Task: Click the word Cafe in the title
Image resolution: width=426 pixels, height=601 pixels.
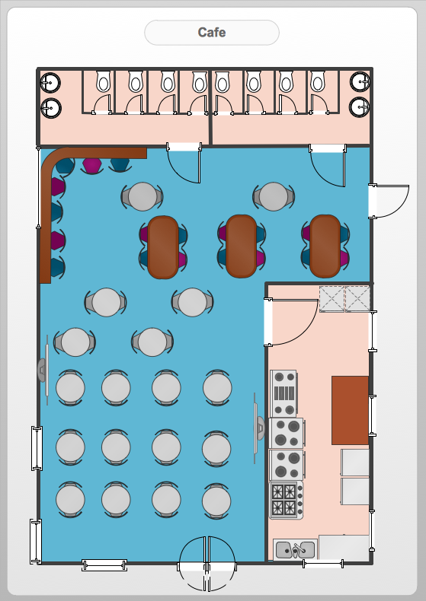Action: point(211,32)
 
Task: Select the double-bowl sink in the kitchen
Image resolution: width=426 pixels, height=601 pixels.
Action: point(295,550)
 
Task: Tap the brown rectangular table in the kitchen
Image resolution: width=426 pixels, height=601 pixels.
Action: point(350,410)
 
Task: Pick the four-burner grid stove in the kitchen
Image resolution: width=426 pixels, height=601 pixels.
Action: point(287,500)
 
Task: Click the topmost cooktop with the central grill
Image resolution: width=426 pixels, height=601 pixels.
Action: point(283,393)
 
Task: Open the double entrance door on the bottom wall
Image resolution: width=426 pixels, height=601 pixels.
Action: point(207,564)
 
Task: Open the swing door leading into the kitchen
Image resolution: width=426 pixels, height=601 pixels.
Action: point(291,322)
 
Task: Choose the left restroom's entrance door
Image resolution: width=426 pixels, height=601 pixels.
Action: point(184,163)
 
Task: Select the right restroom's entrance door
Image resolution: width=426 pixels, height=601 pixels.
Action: point(328,165)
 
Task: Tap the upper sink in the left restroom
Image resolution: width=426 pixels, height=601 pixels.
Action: point(50,82)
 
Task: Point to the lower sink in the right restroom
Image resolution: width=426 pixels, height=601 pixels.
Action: point(360,107)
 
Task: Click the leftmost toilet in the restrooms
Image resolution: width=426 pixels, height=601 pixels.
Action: point(103,81)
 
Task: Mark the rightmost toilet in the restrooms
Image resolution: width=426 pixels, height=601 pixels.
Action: point(317,81)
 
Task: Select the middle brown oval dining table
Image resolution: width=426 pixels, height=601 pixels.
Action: point(241,246)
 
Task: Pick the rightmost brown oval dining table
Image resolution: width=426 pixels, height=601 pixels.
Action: point(325,246)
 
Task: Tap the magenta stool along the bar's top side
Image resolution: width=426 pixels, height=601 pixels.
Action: point(92,166)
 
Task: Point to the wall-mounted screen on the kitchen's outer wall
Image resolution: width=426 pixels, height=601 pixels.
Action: point(259,428)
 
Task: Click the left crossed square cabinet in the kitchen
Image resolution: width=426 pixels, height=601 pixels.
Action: point(332,299)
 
